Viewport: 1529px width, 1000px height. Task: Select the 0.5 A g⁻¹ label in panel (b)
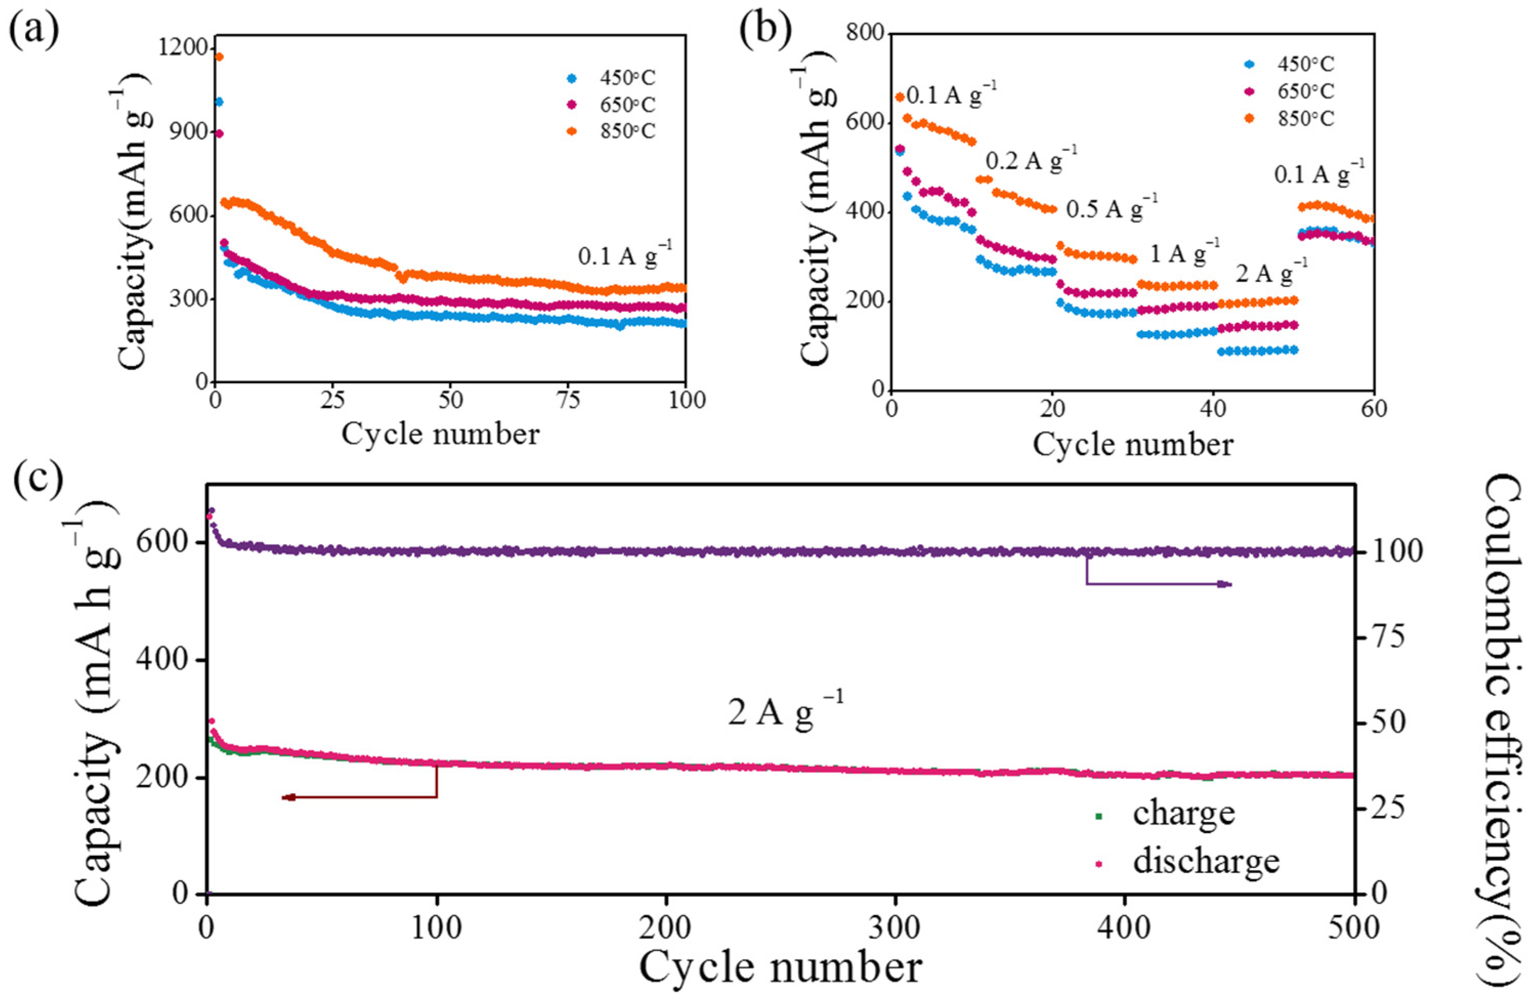pos(1112,209)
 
